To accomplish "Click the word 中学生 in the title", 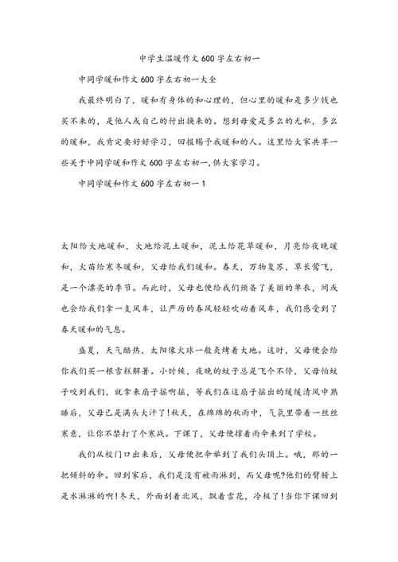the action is click(x=148, y=59).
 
